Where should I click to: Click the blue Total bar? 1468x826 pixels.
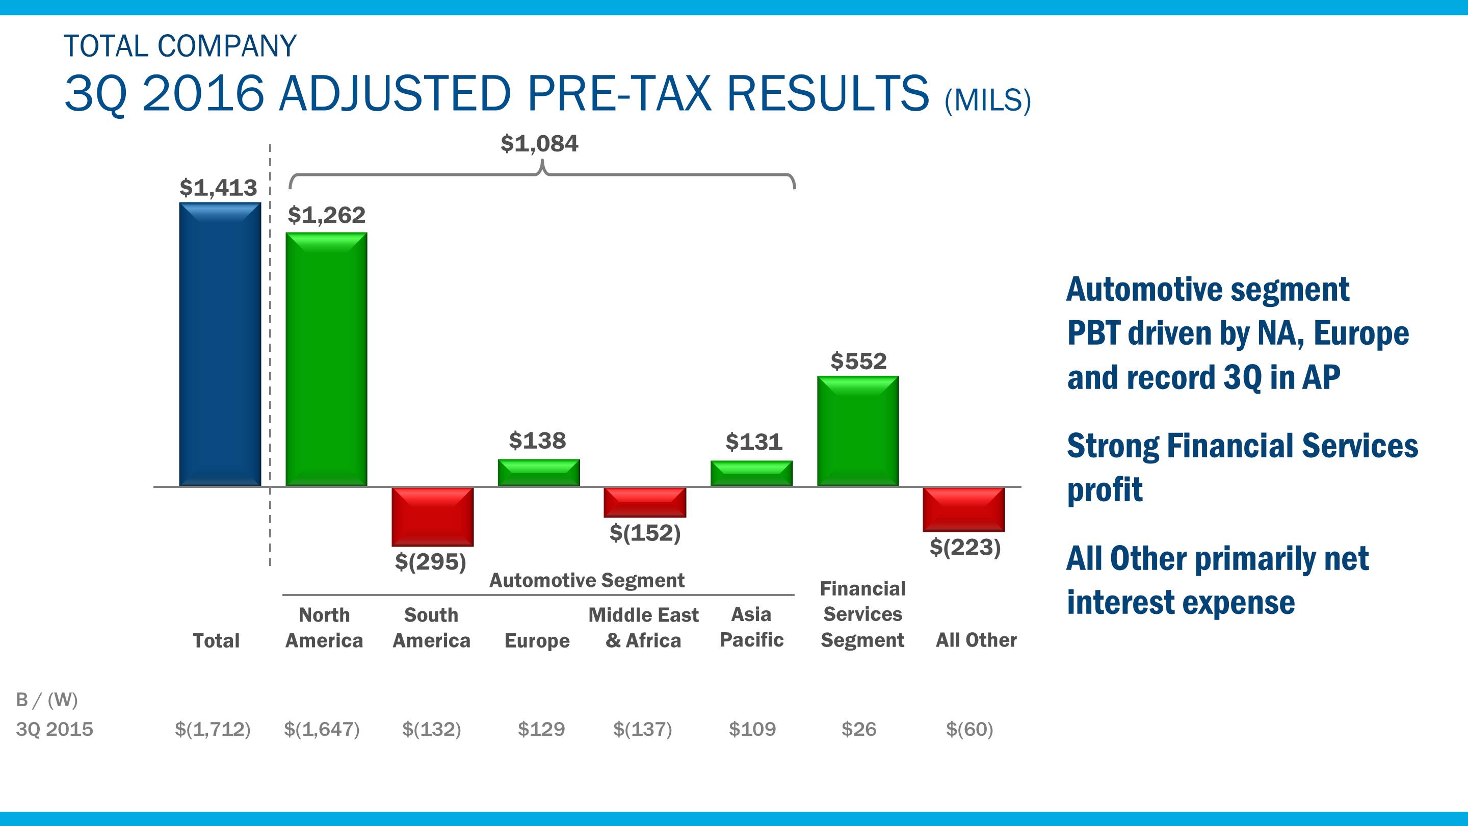pyautogui.click(x=220, y=344)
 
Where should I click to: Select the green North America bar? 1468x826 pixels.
pyautogui.click(x=326, y=359)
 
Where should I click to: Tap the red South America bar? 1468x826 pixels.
pyautogui.click(x=433, y=517)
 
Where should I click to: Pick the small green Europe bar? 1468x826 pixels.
pyautogui.click(x=539, y=473)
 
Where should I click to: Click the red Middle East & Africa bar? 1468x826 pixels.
pyautogui.click(x=644, y=502)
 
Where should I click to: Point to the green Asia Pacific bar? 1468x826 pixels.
pyautogui.click(x=751, y=473)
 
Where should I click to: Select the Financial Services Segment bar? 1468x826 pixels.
pyautogui.click(x=858, y=431)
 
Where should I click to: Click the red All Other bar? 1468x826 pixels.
pyautogui.click(x=964, y=509)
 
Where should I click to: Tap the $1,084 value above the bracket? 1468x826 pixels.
pyautogui.click(x=539, y=144)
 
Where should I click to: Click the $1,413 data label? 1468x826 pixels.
pyautogui.click(x=218, y=188)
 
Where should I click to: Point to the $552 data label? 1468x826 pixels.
pyautogui.click(x=858, y=362)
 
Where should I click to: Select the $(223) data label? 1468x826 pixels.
pyautogui.click(x=965, y=547)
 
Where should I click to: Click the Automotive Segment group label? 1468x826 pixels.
pyautogui.click(x=587, y=580)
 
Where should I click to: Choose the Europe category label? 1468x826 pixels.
pyautogui.click(x=537, y=641)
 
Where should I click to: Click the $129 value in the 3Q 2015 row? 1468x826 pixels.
pyautogui.click(x=541, y=729)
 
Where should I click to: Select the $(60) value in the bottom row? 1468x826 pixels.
pyautogui.click(x=969, y=729)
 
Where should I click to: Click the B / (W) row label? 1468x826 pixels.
pyautogui.click(x=47, y=700)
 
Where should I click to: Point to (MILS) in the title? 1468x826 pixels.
pyautogui.click(x=988, y=100)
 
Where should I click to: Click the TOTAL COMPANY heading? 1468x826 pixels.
pyautogui.click(x=180, y=46)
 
